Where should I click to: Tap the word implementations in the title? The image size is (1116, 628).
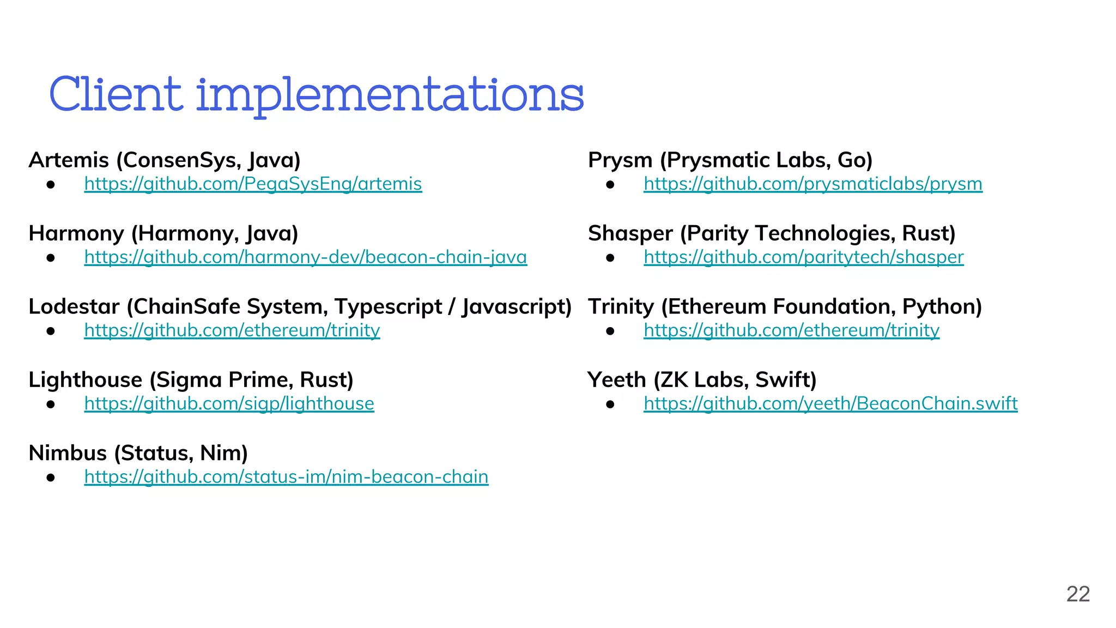390,96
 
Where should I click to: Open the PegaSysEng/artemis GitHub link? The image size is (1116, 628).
253,184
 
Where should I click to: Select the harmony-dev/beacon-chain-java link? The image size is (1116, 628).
305,257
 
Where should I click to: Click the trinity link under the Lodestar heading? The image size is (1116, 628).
232,330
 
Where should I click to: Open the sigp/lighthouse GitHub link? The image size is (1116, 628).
229,404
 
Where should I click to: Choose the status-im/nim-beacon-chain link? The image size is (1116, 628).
286,477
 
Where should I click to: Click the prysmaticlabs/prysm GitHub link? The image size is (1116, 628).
812,184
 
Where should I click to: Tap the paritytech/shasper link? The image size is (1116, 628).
803,257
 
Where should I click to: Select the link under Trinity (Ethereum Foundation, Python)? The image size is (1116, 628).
791,330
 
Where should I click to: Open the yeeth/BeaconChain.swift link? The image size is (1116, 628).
830,404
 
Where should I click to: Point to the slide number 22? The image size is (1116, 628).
1078,594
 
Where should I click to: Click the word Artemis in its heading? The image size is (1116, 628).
69,160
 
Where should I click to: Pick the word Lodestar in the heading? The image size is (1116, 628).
74,307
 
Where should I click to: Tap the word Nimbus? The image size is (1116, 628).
68,453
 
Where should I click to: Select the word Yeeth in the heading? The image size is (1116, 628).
616,380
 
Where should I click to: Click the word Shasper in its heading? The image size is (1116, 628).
630,233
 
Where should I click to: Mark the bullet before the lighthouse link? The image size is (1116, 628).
51,404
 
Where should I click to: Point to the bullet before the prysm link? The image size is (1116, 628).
610,185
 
